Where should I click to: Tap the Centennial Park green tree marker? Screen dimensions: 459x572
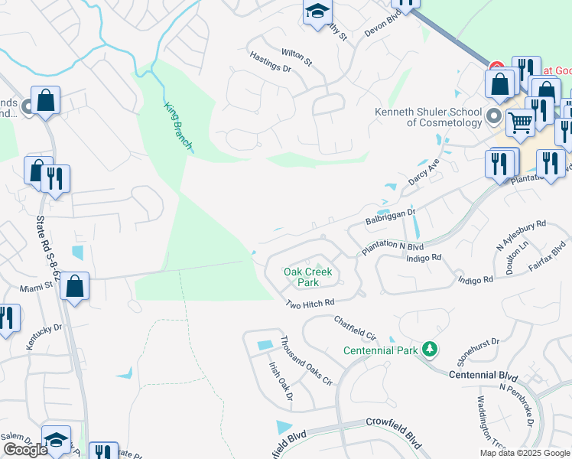(431, 350)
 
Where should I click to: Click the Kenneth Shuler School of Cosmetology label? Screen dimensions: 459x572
(428, 117)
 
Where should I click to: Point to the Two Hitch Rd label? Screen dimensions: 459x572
(310, 304)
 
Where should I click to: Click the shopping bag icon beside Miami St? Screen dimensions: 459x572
(74, 288)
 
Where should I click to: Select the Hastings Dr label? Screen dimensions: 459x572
(271, 62)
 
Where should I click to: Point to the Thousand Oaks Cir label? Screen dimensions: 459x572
(305, 360)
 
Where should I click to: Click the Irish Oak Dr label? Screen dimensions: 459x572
(280, 380)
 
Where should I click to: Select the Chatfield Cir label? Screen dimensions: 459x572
(356, 327)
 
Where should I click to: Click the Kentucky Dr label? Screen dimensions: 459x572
(44, 337)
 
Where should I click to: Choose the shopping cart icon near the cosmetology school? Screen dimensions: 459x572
(520, 121)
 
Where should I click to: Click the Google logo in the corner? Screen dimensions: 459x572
(25, 449)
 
